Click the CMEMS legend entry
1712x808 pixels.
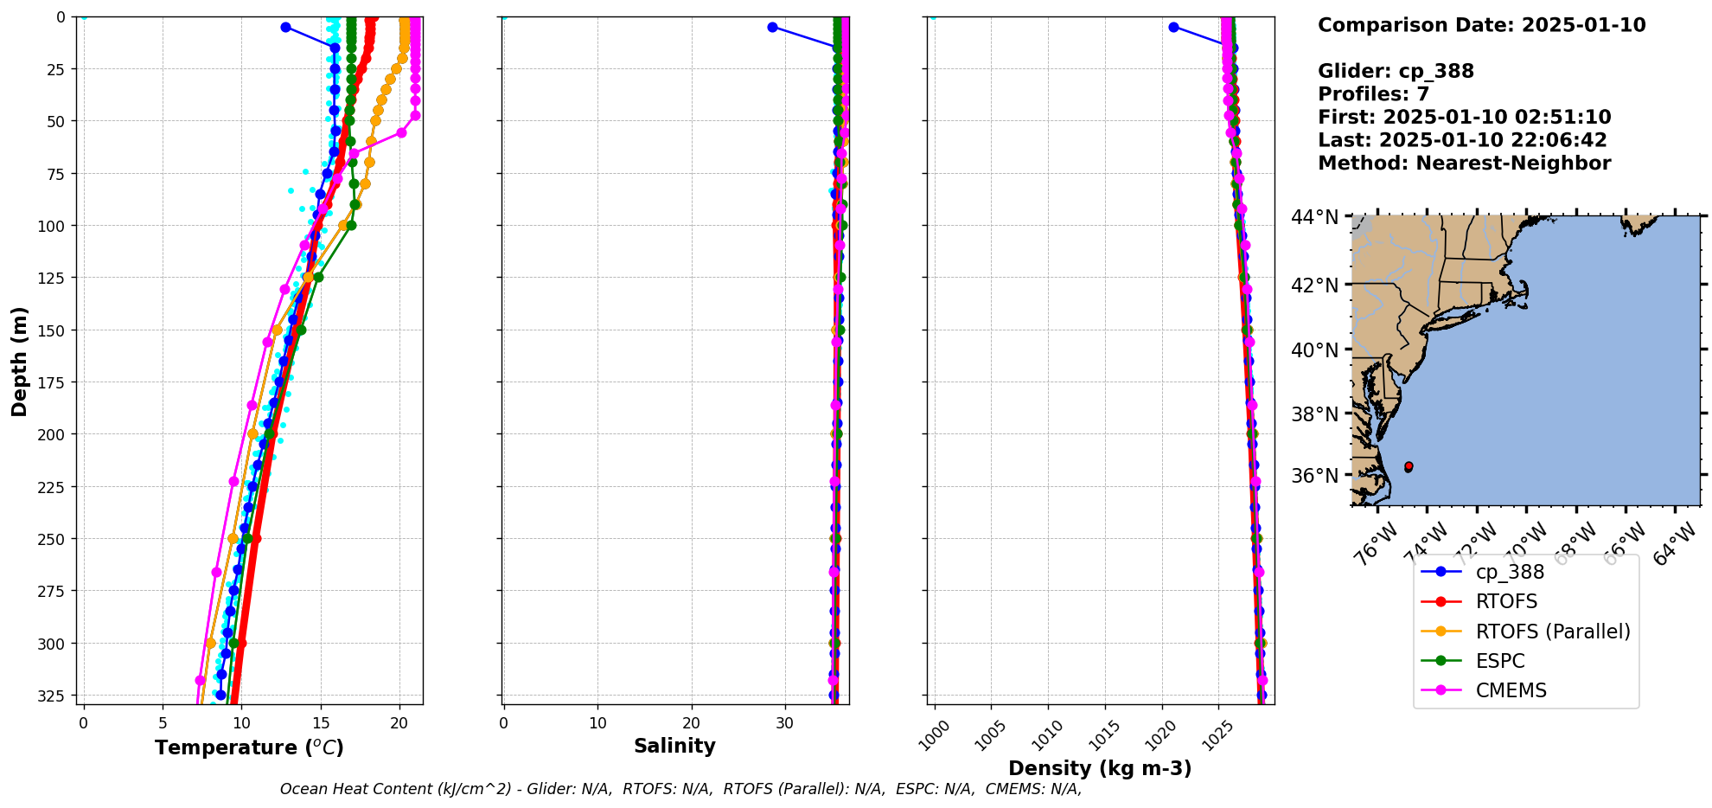(x=1511, y=690)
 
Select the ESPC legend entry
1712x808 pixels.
(x=1500, y=661)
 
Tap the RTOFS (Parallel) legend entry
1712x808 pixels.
(x=1552, y=632)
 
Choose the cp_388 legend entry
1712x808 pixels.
(x=1510, y=572)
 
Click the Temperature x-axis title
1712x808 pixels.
(x=249, y=747)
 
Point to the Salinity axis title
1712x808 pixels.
(x=674, y=746)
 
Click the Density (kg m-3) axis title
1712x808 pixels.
(x=1100, y=768)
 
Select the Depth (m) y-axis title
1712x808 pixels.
(x=19, y=361)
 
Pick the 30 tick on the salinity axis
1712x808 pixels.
(x=784, y=723)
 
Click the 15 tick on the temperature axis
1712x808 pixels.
(x=321, y=723)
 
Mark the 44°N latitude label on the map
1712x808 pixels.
(x=1314, y=217)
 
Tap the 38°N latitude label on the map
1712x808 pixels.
(x=1314, y=414)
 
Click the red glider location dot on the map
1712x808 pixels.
(x=1409, y=467)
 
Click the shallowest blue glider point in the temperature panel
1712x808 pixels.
(x=285, y=28)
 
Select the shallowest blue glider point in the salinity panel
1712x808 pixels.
(x=772, y=28)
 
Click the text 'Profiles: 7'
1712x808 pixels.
(x=1373, y=94)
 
